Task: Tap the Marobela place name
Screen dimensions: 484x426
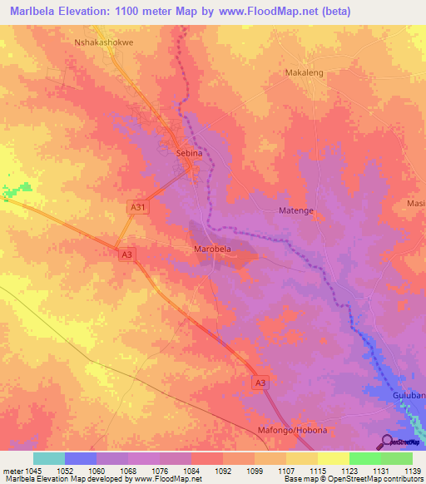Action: [x=212, y=249]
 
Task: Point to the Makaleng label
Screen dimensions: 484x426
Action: [x=304, y=73]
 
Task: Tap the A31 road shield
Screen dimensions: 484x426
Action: [x=138, y=206]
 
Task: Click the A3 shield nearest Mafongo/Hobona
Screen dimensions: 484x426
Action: [x=261, y=382]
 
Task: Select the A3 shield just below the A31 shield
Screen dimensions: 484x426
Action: [x=126, y=254]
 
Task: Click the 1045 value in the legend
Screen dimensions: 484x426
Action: [x=31, y=471]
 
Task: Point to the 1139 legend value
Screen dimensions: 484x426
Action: [x=412, y=471]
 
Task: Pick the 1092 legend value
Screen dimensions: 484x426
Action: [x=222, y=471]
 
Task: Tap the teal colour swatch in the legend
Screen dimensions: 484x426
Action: [x=49, y=458]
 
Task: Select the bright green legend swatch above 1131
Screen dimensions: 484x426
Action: [x=364, y=458]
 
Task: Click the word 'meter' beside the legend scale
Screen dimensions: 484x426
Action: [x=11, y=471]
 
